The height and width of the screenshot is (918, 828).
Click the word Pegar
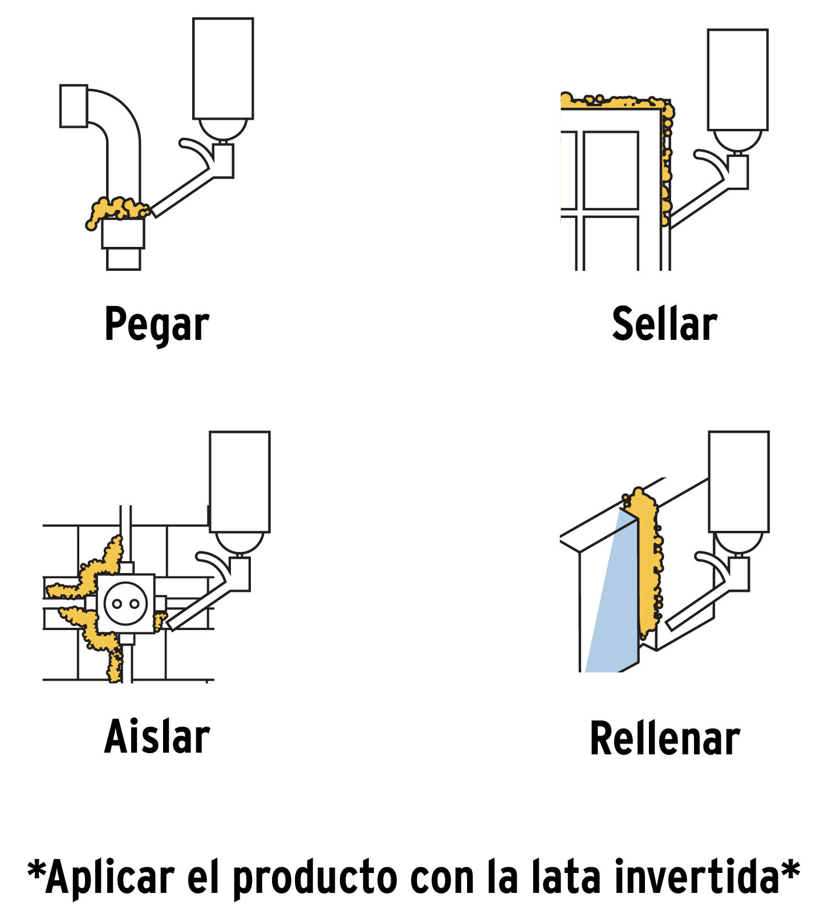(x=157, y=324)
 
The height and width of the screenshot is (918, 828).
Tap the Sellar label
(x=664, y=323)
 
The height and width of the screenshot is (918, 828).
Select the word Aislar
(x=157, y=737)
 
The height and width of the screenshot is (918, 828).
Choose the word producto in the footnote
(x=315, y=879)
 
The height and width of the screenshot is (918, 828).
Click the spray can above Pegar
(x=223, y=68)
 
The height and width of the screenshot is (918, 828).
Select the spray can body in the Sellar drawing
(x=737, y=80)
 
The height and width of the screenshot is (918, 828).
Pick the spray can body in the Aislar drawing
(x=240, y=482)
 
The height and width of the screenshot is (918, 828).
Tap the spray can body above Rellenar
(x=738, y=482)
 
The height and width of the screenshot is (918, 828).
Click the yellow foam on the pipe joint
(x=118, y=209)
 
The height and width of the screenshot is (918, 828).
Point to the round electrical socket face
(x=125, y=603)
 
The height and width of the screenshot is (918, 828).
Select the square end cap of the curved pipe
(x=74, y=106)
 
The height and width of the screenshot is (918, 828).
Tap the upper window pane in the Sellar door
(x=611, y=170)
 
